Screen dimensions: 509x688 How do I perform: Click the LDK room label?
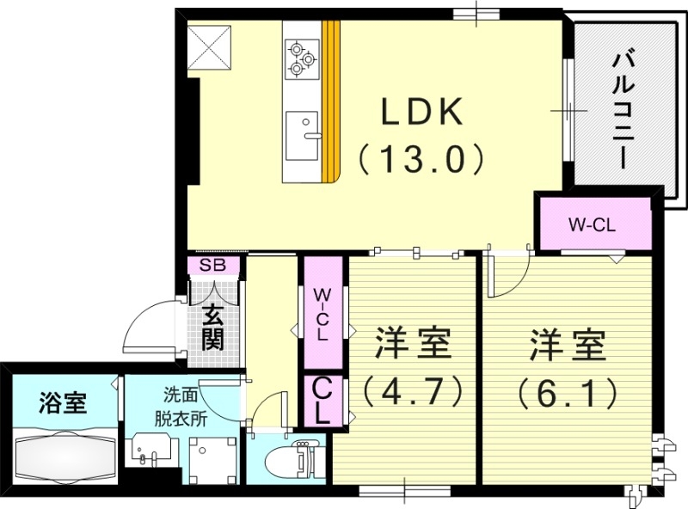tap(423, 113)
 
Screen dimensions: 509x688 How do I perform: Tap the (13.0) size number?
tap(423, 158)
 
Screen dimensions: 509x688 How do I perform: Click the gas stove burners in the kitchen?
tap(302, 57)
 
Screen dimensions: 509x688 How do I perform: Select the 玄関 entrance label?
tap(212, 329)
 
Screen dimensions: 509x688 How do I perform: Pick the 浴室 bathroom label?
tap(63, 402)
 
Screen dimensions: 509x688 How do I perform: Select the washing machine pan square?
tap(212, 457)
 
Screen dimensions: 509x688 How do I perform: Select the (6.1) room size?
tap(568, 393)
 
